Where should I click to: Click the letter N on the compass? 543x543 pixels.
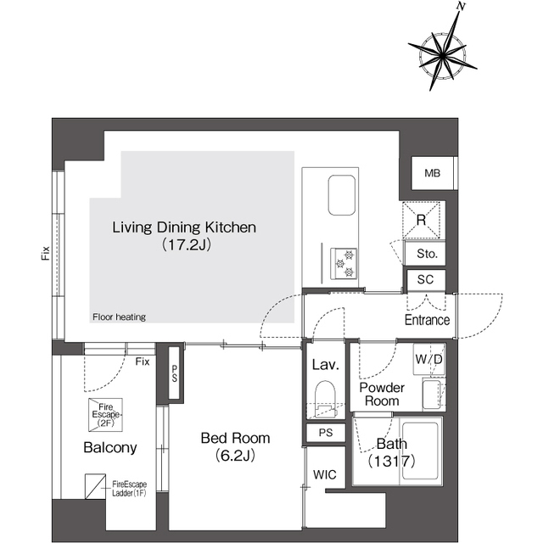461,7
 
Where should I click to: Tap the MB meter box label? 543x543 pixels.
432,173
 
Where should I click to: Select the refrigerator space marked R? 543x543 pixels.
421,221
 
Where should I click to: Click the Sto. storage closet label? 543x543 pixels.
427,254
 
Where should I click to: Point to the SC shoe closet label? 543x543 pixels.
425,279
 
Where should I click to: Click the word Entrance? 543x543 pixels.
427,320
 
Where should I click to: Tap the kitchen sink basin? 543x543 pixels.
341,195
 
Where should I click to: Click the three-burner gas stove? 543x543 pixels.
344,263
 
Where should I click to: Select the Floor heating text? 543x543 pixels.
119,316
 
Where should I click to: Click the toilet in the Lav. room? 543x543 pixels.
325,398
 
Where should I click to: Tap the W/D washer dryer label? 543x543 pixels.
428,359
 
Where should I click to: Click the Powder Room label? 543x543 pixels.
382,394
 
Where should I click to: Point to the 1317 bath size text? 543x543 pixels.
391,461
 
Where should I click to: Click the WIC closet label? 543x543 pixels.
324,474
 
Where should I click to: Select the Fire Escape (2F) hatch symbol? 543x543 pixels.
105,415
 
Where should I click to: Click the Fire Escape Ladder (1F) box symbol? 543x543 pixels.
96,486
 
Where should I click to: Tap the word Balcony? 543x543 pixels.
110,447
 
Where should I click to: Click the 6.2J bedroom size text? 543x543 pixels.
235,456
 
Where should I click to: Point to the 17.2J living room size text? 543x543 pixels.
187,244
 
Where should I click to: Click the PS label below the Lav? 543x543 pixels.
326,433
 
